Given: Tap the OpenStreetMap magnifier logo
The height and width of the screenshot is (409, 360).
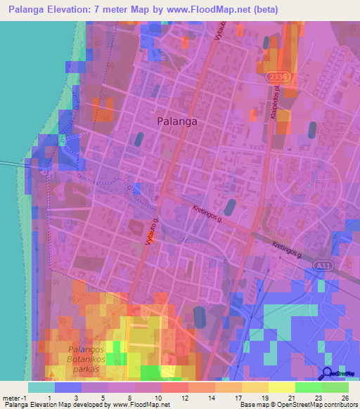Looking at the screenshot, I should [328, 375].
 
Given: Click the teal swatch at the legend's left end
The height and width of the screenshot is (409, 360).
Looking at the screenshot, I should [41, 387].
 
